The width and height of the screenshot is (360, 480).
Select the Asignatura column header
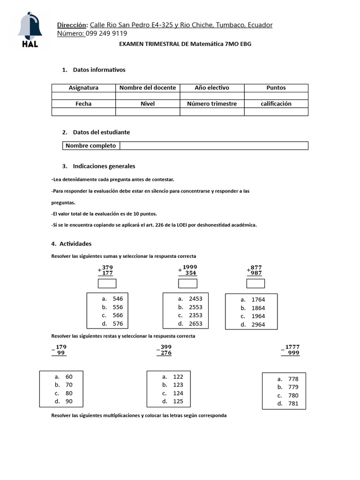[83, 88]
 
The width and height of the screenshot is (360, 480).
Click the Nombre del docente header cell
[148, 88]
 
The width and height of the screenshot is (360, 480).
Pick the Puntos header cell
[276, 88]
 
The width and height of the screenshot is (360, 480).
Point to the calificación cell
[276, 104]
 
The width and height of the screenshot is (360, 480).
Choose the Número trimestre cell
[212, 104]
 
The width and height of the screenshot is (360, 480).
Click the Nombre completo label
[90, 146]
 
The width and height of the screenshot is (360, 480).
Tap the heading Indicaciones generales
[104, 166]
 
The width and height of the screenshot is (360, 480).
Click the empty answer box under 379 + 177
[107, 284]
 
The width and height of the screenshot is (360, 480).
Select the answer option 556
[118, 307]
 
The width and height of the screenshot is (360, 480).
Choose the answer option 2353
[195, 315]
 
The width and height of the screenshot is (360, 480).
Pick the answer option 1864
[258, 308]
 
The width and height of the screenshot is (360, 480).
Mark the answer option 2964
[258, 325]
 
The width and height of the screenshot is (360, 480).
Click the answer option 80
[69, 393]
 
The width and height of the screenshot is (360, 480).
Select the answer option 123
[178, 385]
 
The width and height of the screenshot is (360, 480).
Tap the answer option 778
[293, 379]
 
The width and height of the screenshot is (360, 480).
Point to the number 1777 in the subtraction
[292, 347]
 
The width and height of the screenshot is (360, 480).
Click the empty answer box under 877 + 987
[255, 284]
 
